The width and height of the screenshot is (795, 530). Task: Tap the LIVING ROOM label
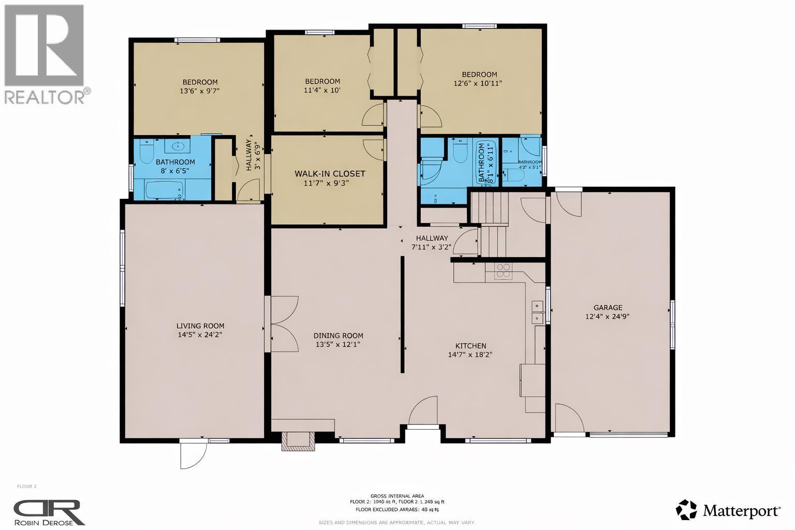tap(200, 326)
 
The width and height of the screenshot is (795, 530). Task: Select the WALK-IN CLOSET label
tap(330, 174)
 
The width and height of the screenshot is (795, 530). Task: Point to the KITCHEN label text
tap(470, 346)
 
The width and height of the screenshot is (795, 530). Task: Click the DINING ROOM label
tap(339, 335)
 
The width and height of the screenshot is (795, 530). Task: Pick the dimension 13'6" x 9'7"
tap(200, 91)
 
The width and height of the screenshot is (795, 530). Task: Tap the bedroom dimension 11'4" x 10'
tap(322, 90)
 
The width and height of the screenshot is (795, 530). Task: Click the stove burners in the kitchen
tap(503, 271)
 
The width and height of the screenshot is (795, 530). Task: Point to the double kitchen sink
tap(537, 312)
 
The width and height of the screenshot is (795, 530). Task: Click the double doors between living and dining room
tap(282, 324)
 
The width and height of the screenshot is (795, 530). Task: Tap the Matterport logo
tap(728, 510)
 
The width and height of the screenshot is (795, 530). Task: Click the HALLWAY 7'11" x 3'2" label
tap(431, 242)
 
